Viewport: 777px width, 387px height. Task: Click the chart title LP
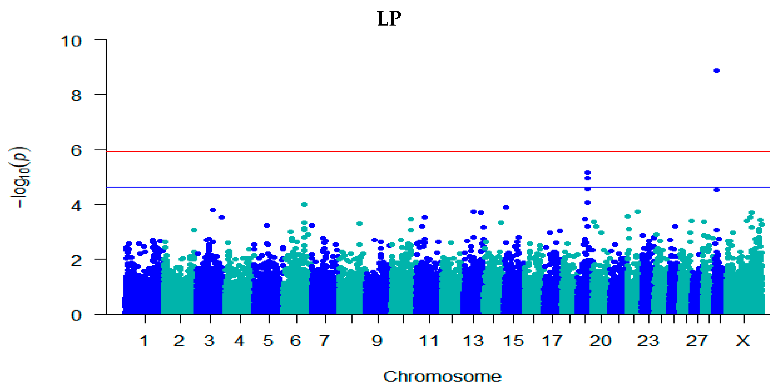coord(389,19)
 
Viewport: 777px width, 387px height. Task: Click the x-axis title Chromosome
coord(442,376)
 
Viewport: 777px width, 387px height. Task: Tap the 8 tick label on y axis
coord(76,96)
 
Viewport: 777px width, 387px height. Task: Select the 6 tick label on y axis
coord(76,150)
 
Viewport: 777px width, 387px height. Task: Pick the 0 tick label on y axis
coord(76,315)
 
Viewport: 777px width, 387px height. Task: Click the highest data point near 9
coord(716,71)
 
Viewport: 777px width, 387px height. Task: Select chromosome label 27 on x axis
coord(696,341)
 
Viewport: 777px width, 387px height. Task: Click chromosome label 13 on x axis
coord(473,341)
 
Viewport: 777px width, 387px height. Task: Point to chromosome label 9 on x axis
coord(377,341)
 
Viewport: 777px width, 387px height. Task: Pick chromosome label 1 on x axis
coord(144,341)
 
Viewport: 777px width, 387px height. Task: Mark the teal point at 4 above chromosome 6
coord(304,204)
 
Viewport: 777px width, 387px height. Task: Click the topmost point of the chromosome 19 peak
coord(587,172)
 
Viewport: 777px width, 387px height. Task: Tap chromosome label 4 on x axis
coord(239,341)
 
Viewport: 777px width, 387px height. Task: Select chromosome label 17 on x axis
coord(552,341)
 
